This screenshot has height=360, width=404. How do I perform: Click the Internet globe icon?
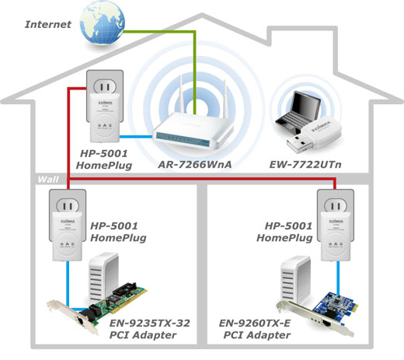coord(103,23)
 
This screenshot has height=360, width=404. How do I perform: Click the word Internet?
coord(48,24)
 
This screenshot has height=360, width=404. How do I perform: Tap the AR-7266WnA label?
coord(195,164)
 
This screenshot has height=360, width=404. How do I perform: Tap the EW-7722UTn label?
coord(305,164)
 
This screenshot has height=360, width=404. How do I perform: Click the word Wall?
coord(48,180)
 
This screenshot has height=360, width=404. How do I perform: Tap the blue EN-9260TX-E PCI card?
coord(318,314)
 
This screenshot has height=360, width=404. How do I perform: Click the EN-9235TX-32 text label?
coord(150,323)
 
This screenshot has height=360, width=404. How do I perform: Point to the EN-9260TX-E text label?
coord(255,323)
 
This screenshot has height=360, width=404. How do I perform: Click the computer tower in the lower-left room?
coord(103,278)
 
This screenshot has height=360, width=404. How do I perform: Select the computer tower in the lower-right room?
coord(296,280)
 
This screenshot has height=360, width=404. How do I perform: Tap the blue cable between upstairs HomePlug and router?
coord(136,137)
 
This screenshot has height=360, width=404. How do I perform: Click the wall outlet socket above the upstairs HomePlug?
coord(105,86)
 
